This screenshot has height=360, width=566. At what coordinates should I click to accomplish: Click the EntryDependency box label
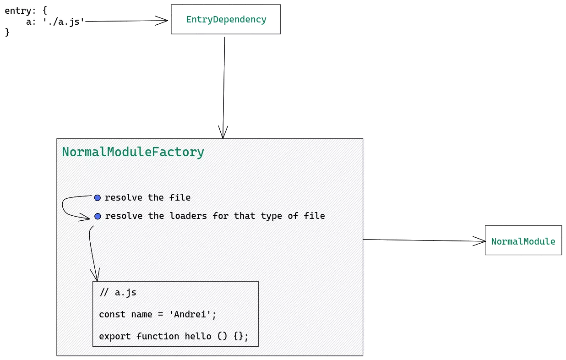[x=226, y=20]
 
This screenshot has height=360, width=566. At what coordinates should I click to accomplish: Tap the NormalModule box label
[x=523, y=241]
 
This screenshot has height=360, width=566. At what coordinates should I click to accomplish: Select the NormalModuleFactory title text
[x=133, y=152]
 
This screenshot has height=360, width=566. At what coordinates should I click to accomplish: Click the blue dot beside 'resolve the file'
[x=97, y=198]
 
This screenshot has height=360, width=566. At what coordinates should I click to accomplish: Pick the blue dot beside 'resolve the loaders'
[x=98, y=216]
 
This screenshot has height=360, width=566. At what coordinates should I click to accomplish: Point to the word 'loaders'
[x=188, y=216]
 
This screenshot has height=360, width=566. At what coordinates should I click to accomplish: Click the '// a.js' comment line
[x=118, y=293]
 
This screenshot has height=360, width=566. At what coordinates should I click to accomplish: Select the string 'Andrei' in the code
[x=190, y=314]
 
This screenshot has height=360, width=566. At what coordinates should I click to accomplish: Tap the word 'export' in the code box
[x=115, y=337]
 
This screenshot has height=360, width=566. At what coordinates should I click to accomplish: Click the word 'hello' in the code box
[x=198, y=336]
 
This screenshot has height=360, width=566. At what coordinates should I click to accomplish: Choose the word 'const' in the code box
[x=112, y=314]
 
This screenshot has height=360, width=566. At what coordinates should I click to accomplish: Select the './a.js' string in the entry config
[x=64, y=22]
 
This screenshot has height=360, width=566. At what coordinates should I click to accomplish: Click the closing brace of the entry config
[x=7, y=33]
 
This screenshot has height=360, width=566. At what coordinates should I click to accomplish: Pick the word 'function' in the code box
[x=158, y=336]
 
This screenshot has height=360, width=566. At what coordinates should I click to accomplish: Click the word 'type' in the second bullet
[x=271, y=216]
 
